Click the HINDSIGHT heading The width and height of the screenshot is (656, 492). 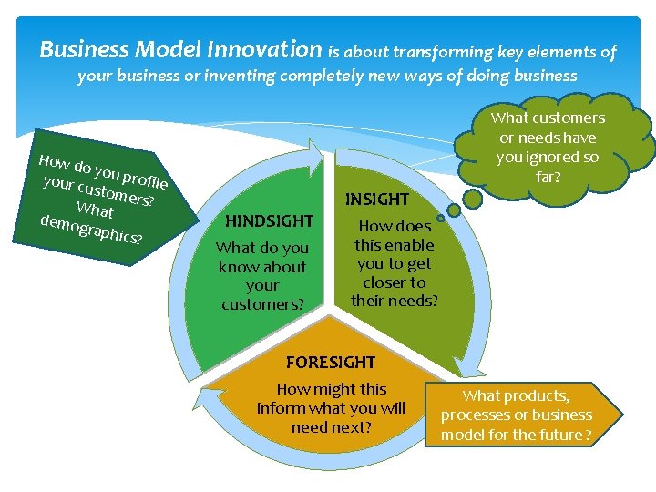269,220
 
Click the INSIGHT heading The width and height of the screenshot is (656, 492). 377,199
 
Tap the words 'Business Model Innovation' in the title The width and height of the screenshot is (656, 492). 180,49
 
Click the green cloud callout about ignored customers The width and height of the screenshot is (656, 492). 548,146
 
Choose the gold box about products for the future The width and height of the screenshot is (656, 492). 516,415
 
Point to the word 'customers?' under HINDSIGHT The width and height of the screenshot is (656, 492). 262,304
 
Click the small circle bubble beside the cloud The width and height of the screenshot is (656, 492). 440,218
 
